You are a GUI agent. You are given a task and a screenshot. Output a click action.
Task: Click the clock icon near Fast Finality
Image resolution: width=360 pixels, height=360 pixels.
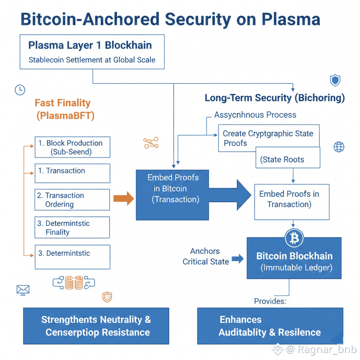coord(20,90)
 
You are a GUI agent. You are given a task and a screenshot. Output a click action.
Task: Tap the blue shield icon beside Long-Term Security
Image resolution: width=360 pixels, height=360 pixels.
coord(335,80)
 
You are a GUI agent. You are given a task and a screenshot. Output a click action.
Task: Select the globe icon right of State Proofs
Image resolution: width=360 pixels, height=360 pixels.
coord(339,147)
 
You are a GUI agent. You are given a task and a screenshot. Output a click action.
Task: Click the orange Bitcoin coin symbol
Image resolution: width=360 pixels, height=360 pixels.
coord(294,238)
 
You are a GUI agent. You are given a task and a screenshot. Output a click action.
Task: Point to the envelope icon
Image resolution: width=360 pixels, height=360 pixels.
coord(22,290)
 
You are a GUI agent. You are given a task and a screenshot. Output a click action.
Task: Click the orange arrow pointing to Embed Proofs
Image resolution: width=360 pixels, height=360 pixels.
coord(123,199)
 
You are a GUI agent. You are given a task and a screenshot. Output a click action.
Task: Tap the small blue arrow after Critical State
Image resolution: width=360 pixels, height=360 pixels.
coord(237,259)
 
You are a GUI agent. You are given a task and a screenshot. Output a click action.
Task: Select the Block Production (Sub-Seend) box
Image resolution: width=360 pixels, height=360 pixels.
coord(72,147)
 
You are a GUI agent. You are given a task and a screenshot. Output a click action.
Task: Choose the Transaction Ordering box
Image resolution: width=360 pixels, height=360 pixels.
coord(72,200)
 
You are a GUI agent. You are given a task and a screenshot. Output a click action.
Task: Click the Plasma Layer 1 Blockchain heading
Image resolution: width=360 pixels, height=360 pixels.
coord(90,45)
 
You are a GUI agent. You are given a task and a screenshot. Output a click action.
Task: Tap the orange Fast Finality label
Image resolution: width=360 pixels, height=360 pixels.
coord(63,103)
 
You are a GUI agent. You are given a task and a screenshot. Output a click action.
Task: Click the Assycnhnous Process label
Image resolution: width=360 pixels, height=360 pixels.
coord(255,115)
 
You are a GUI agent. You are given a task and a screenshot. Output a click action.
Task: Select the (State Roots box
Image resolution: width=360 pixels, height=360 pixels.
coord(288,160)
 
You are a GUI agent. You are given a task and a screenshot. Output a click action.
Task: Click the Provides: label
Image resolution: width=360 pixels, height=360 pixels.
coord(270,301)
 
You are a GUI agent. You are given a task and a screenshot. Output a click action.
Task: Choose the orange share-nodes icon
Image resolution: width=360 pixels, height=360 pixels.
coord(151,143)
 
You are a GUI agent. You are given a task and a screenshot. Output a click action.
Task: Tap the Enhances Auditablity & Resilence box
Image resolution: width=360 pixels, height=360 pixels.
coord(270,326)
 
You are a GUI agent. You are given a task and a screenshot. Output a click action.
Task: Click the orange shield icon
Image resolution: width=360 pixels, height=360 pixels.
coord(107,297)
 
